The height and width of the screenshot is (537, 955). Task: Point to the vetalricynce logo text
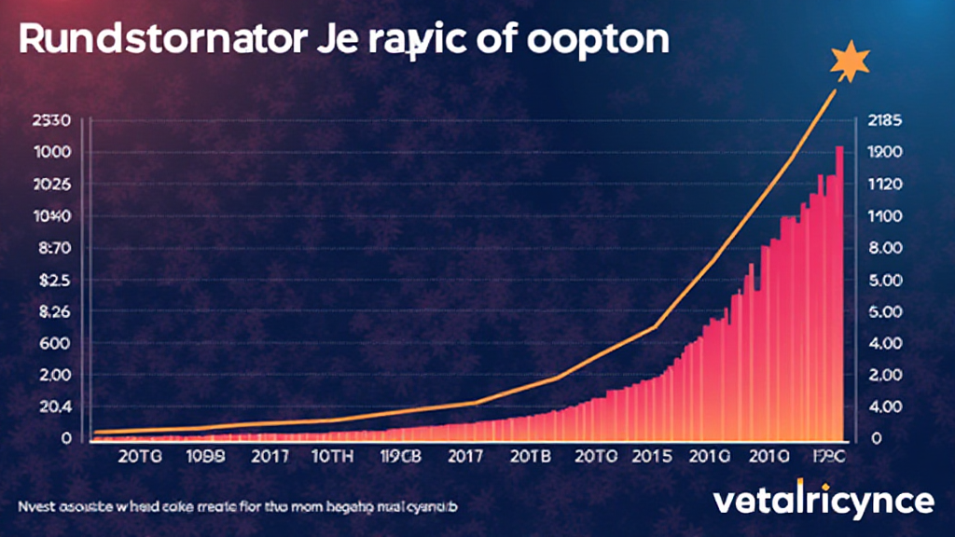[823, 501]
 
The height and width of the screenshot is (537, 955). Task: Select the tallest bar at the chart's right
[839, 289]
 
